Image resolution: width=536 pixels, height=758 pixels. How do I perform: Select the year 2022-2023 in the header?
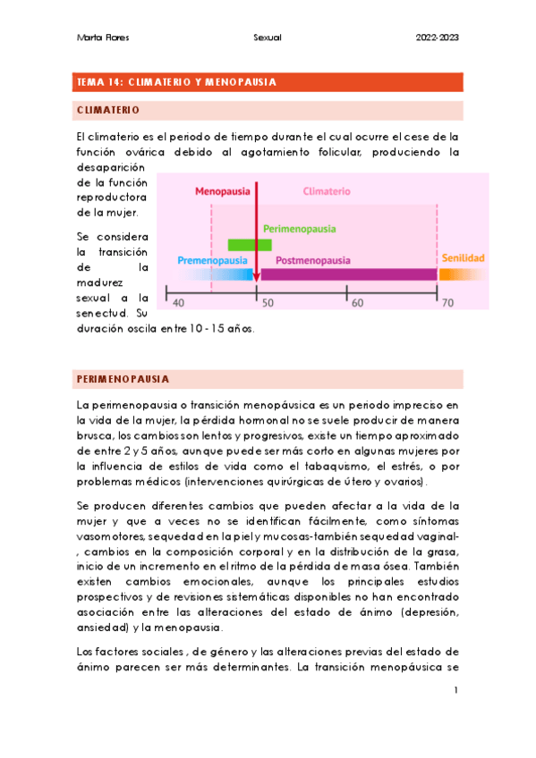click(438, 38)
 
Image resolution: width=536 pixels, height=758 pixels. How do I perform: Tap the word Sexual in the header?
click(268, 38)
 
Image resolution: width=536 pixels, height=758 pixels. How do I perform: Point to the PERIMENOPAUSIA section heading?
click(123, 379)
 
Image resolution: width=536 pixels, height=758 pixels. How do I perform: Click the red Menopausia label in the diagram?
click(223, 191)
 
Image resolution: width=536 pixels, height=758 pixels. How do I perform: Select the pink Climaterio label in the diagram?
click(327, 191)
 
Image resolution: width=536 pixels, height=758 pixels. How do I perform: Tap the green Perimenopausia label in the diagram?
click(299, 229)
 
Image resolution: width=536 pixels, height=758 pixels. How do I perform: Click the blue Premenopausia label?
click(211, 260)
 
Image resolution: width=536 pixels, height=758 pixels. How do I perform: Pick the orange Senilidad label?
click(462, 258)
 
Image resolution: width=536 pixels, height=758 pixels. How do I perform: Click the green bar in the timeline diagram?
click(249, 244)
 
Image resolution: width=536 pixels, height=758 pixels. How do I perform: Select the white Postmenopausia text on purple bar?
click(312, 260)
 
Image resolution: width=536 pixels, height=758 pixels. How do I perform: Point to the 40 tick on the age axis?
click(178, 303)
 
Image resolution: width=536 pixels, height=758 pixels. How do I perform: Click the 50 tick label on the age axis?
click(268, 303)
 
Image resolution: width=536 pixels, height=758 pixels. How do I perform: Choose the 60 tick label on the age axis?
click(358, 303)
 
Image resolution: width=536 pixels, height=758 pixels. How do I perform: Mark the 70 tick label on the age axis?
click(447, 303)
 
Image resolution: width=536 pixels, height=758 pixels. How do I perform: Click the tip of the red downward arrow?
click(257, 280)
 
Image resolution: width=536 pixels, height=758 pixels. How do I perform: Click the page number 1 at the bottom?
click(455, 690)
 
